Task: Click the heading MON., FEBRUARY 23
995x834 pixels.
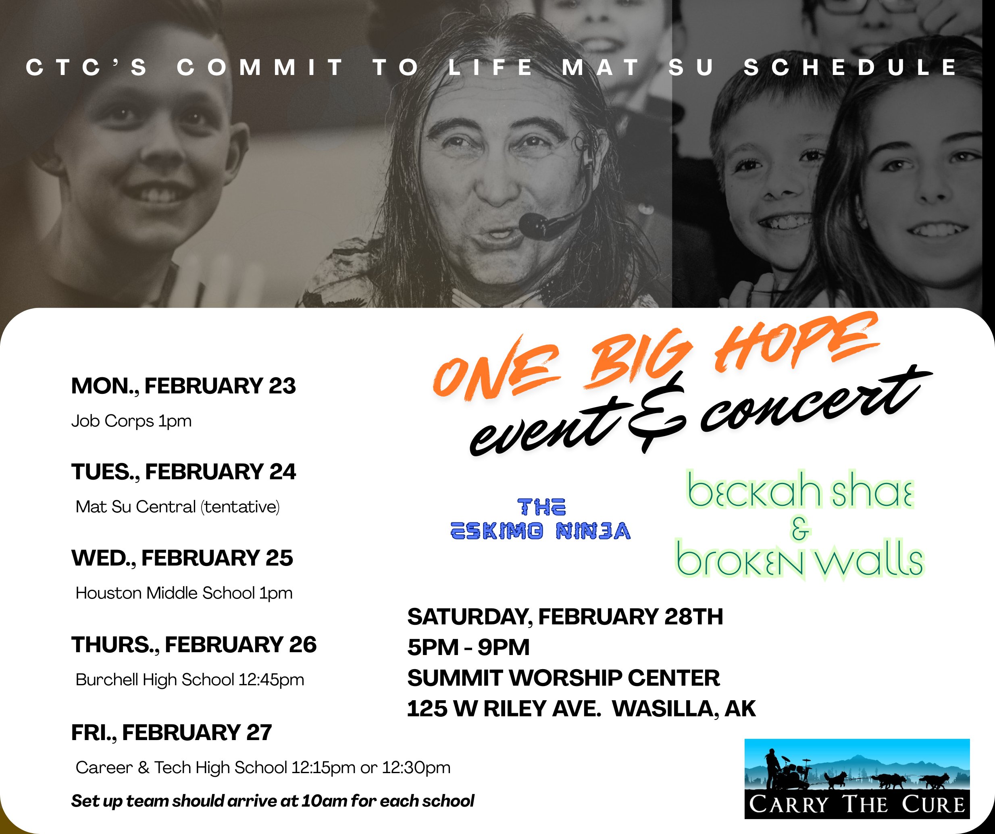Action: tap(183, 386)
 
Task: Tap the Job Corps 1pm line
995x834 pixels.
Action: tap(131, 421)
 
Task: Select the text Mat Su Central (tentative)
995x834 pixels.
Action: tap(178, 507)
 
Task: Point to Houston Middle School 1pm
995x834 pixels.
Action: tap(184, 593)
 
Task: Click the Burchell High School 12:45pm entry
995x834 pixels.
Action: tap(189, 680)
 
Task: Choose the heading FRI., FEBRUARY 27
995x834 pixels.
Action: tap(171, 732)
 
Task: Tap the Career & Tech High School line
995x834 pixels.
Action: tap(263, 767)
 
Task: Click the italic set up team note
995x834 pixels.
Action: tap(273, 801)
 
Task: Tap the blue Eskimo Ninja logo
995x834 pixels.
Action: tap(541, 519)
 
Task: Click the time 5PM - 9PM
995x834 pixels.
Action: tap(468, 648)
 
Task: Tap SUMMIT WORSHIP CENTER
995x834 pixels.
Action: tap(563, 678)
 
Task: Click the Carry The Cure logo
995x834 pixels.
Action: tap(857, 778)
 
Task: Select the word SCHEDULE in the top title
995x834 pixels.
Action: tap(851, 67)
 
